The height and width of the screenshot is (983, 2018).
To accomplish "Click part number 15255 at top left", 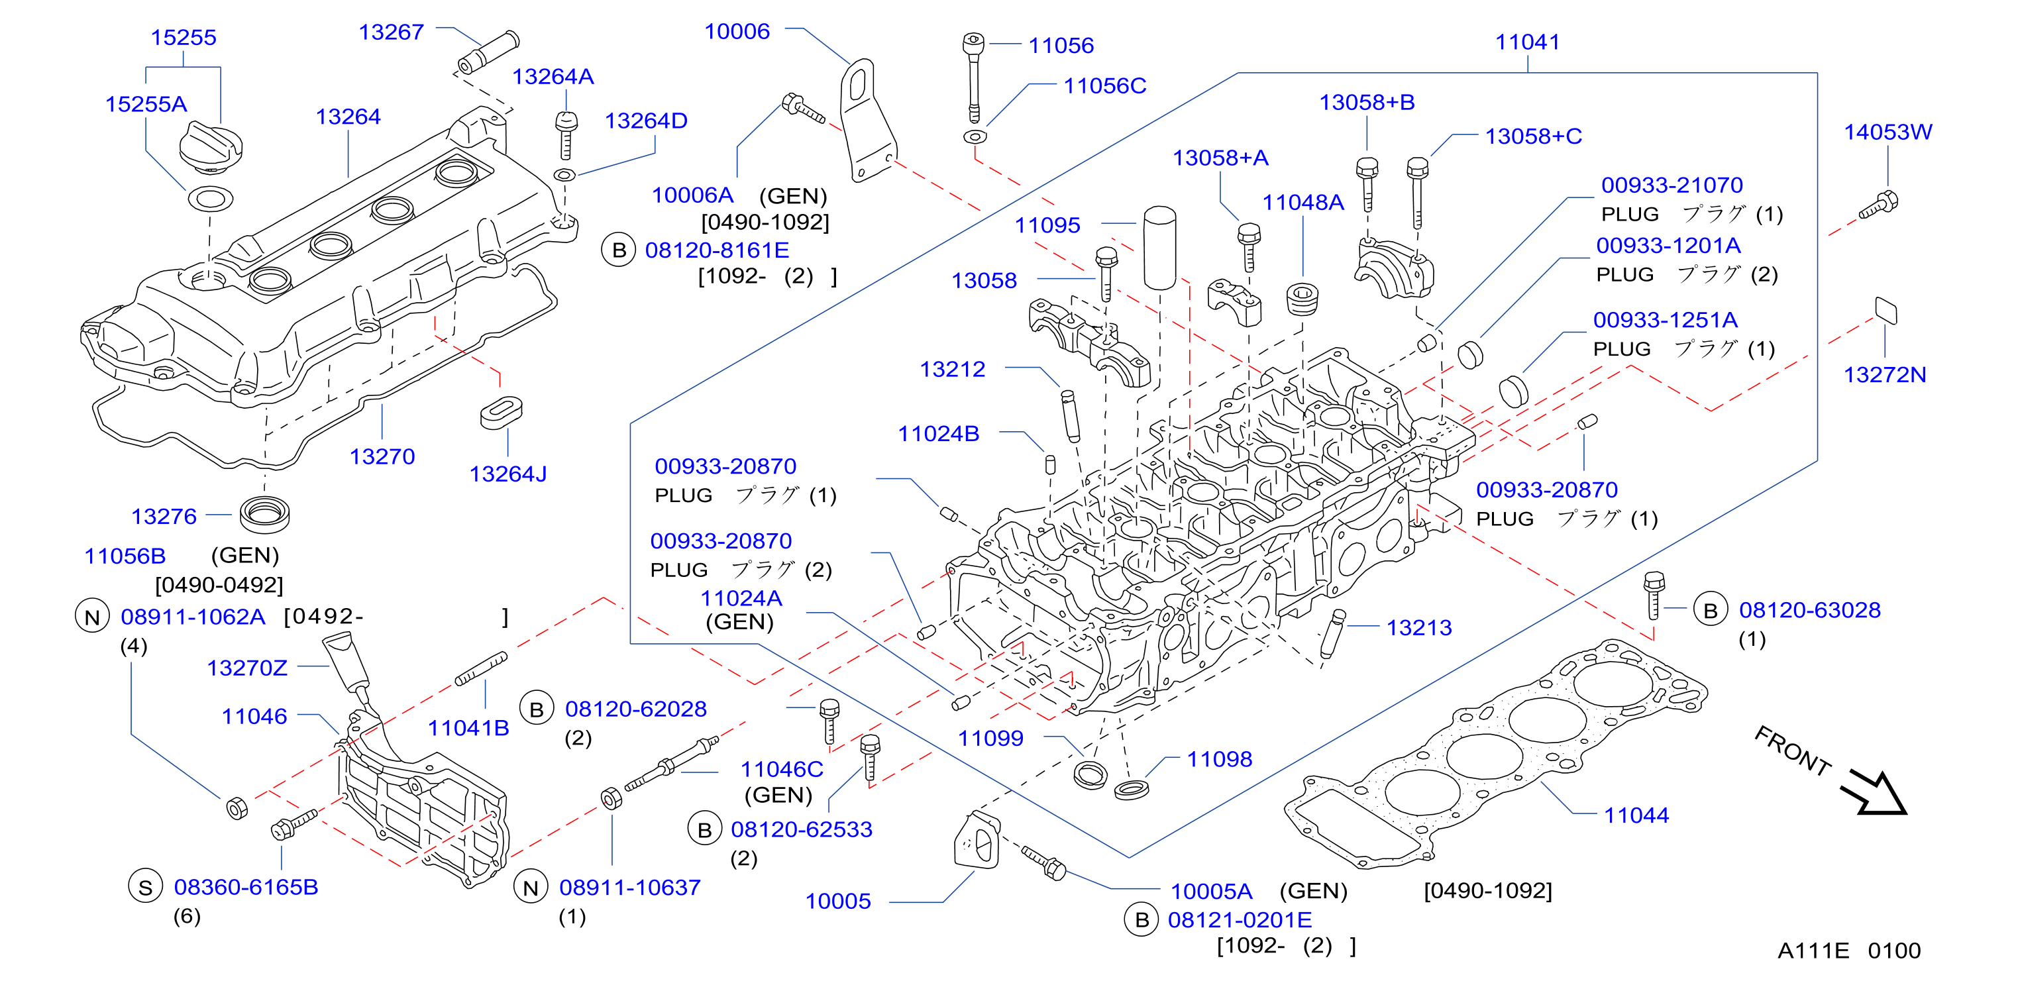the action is (184, 38).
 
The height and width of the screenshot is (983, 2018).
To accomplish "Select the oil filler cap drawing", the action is (211, 146).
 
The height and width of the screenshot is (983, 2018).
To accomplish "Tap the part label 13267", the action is (391, 32).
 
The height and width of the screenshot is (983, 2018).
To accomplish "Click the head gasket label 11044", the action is (1636, 815).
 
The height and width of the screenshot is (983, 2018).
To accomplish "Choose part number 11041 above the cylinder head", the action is (1527, 42).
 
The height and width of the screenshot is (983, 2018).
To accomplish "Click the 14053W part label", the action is (1887, 132).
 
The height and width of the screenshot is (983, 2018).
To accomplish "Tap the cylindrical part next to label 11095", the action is (1159, 248).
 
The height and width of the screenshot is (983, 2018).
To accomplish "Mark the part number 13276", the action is (164, 517).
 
